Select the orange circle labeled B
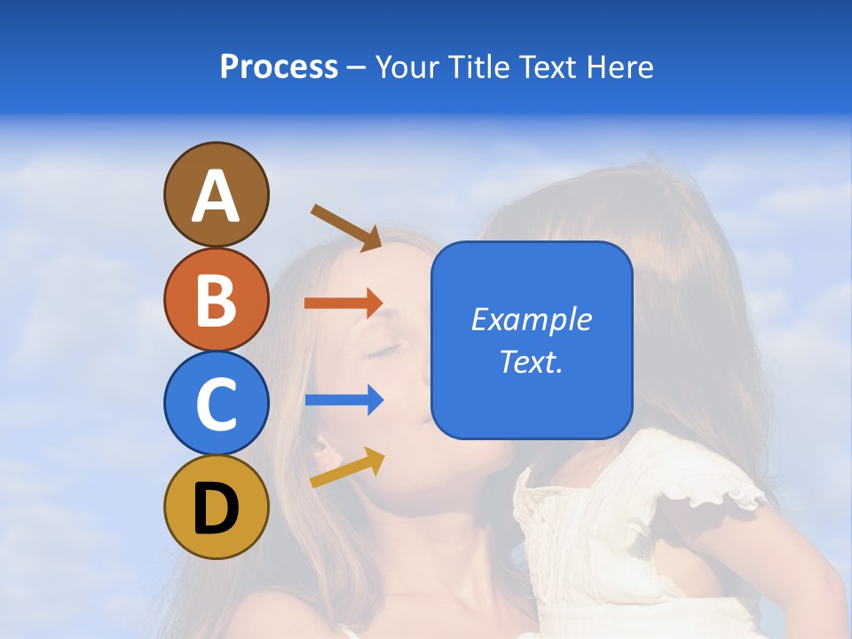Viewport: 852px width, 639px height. click(x=216, y=299)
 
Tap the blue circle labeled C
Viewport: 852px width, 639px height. click(x=216, y=404)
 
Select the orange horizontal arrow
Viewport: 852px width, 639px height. click(x=343, y=303)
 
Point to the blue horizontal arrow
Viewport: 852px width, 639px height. click(x=343, y=400)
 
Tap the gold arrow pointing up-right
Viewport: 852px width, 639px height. click(x=347, y=468)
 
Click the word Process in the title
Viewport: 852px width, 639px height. click(x=279, y=67)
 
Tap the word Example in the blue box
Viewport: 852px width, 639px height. click(x=531, y=319)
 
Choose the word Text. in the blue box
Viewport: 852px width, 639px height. click(x=531, y=362)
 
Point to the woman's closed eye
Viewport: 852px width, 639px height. click(x=384, y=351)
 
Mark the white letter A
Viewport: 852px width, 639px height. click(x=216, y=196)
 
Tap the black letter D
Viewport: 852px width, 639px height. click(x=216, y=509)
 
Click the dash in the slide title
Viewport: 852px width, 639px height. click(x=357, y=68)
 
